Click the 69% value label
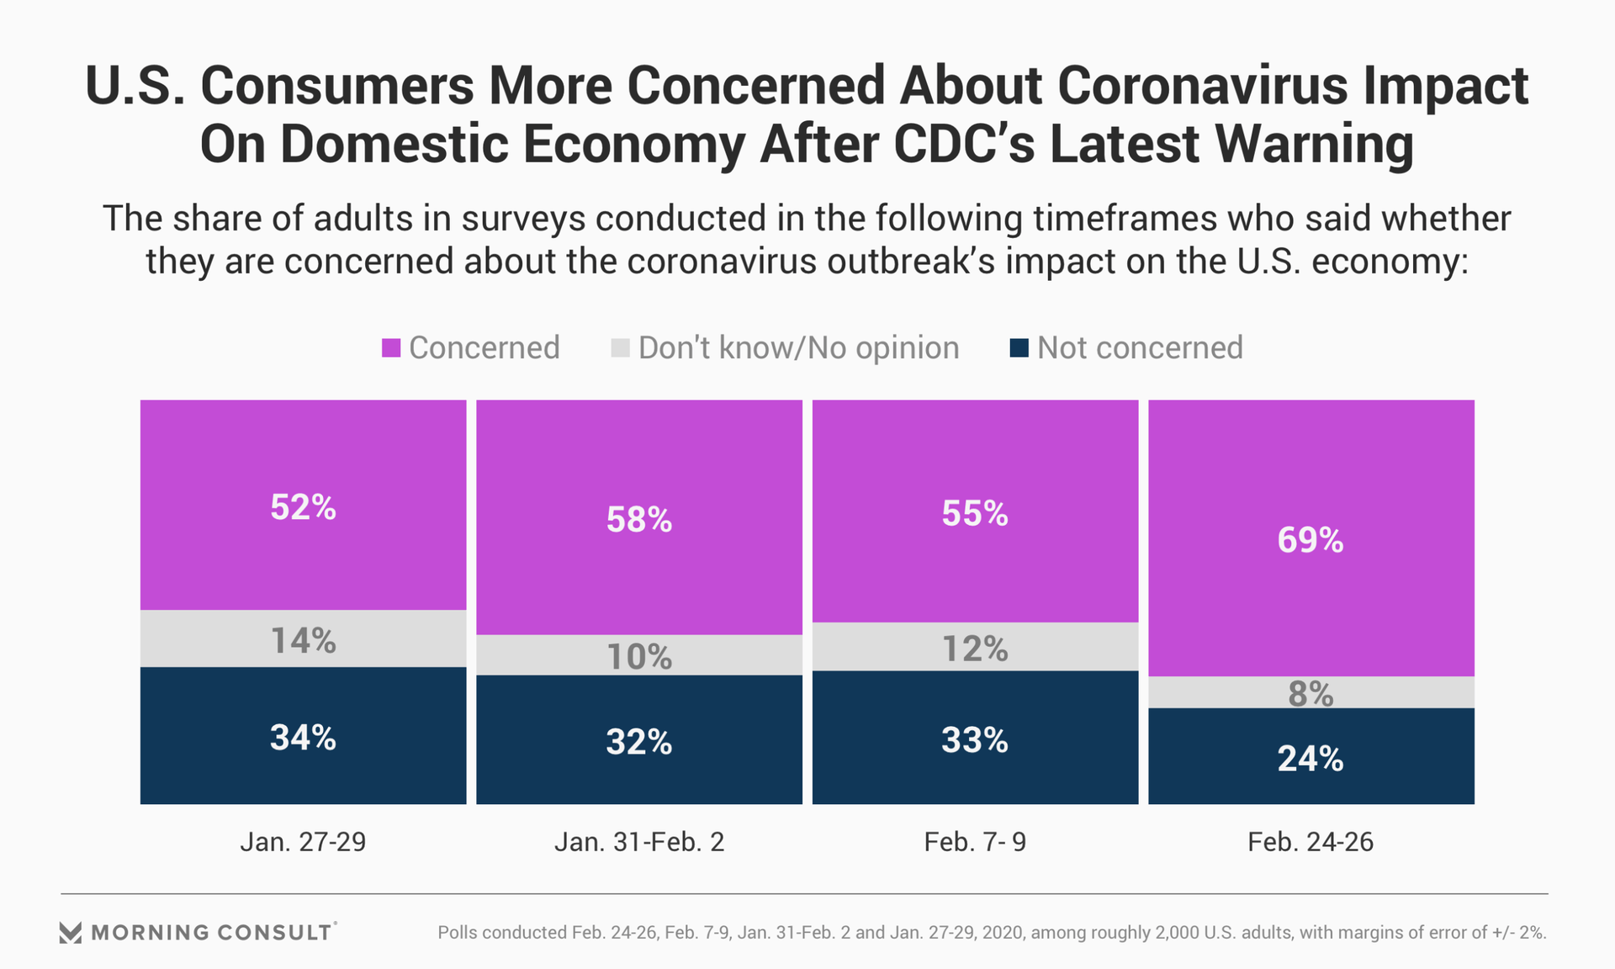tap(1311, 540)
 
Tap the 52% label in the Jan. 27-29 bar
tap(303, 507)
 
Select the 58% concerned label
tap(639, 520)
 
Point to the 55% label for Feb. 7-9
tap(975, 513)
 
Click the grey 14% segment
tap(303, 639)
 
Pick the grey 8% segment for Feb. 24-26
tap(1311, 693)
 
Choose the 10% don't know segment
tap(639, 655)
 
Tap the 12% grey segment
tap(975, 648)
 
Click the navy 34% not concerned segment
tap(303, 737)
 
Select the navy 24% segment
tap(1311, 757)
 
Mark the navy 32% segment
tap(639, 741)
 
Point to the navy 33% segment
tap(975, 739)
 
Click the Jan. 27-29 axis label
tap(303, 842)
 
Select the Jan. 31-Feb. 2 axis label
tap(639, 842)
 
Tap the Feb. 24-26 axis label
tap(1311, 842)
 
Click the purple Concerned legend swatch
tap(391, 348)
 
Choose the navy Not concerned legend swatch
tap(1019, 348)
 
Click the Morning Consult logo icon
tap(71, 932)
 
